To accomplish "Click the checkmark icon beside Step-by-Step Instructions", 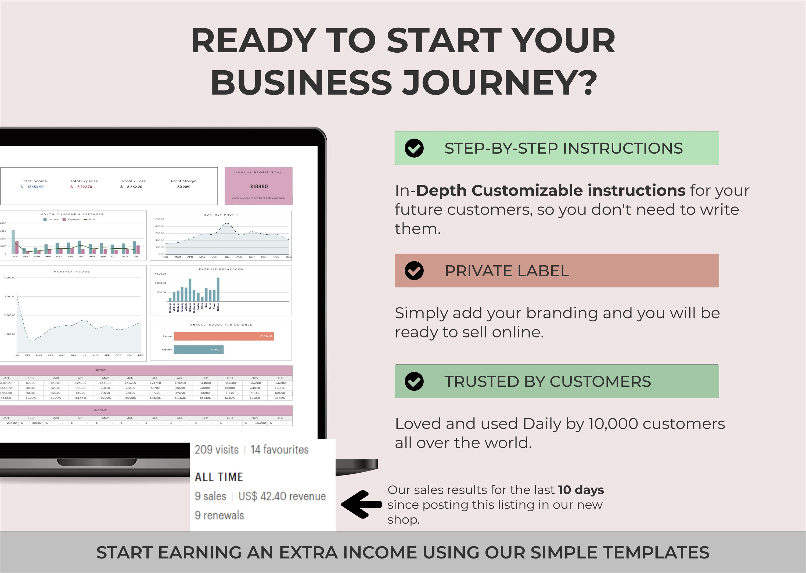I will [x=414, y=148].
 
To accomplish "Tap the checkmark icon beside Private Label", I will [x=414, y=271].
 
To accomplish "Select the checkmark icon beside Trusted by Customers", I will [x=414, y=381].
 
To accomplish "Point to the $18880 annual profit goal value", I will [x=258, y=186].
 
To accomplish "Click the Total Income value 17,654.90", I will [x=35, y=187].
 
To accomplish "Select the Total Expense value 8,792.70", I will [x=84, y=187].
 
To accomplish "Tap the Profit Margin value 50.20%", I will [x=183, y=187].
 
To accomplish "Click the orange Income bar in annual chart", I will [x=224, y=336].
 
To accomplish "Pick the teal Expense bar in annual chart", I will [x=199, y=350].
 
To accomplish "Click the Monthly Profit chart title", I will [x=221, y=215].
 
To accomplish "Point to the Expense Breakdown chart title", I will [x=221, y=270].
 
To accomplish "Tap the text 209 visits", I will [x=217, y=450].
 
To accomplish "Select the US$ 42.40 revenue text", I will [x=282, y=496].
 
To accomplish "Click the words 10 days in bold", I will [x=581, y=490].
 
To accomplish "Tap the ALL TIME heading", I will [x=219, y=477].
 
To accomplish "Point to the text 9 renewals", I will [x=219, y=516].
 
